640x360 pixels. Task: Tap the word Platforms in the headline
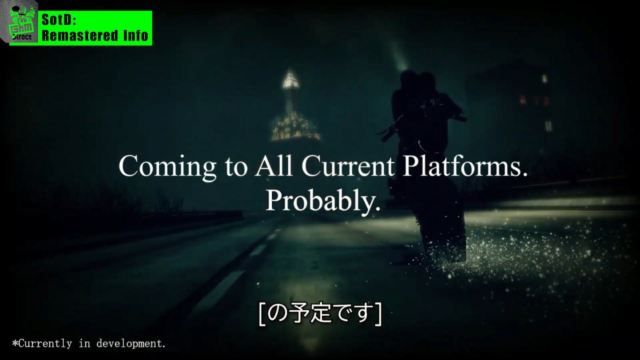click(465, 166)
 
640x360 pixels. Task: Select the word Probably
click(323, 201)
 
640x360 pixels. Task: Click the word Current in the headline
click(347, 166)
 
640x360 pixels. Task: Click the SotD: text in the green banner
click(59, 20)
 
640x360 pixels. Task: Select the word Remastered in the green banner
click(79, 35)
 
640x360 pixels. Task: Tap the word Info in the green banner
click(135, 35)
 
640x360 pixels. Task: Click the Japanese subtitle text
click(320, 313)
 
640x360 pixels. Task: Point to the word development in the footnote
click(131, 343)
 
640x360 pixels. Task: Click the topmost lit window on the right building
click(544, 78)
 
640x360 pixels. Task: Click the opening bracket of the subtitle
click(261, 314)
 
